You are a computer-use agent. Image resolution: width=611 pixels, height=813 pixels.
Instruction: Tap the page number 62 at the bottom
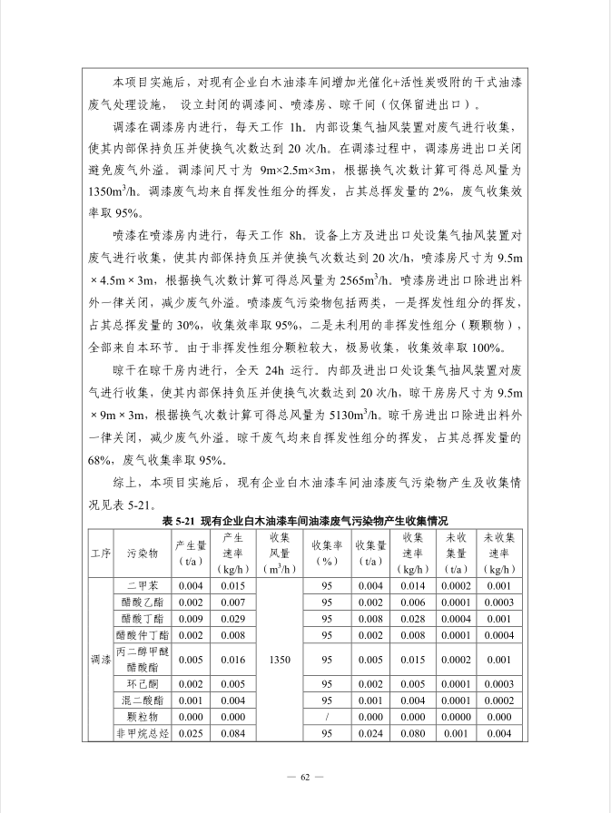305,777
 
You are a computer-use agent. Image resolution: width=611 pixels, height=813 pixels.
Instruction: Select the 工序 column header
100,553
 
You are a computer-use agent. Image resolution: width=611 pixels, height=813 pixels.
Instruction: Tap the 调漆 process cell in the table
100,660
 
